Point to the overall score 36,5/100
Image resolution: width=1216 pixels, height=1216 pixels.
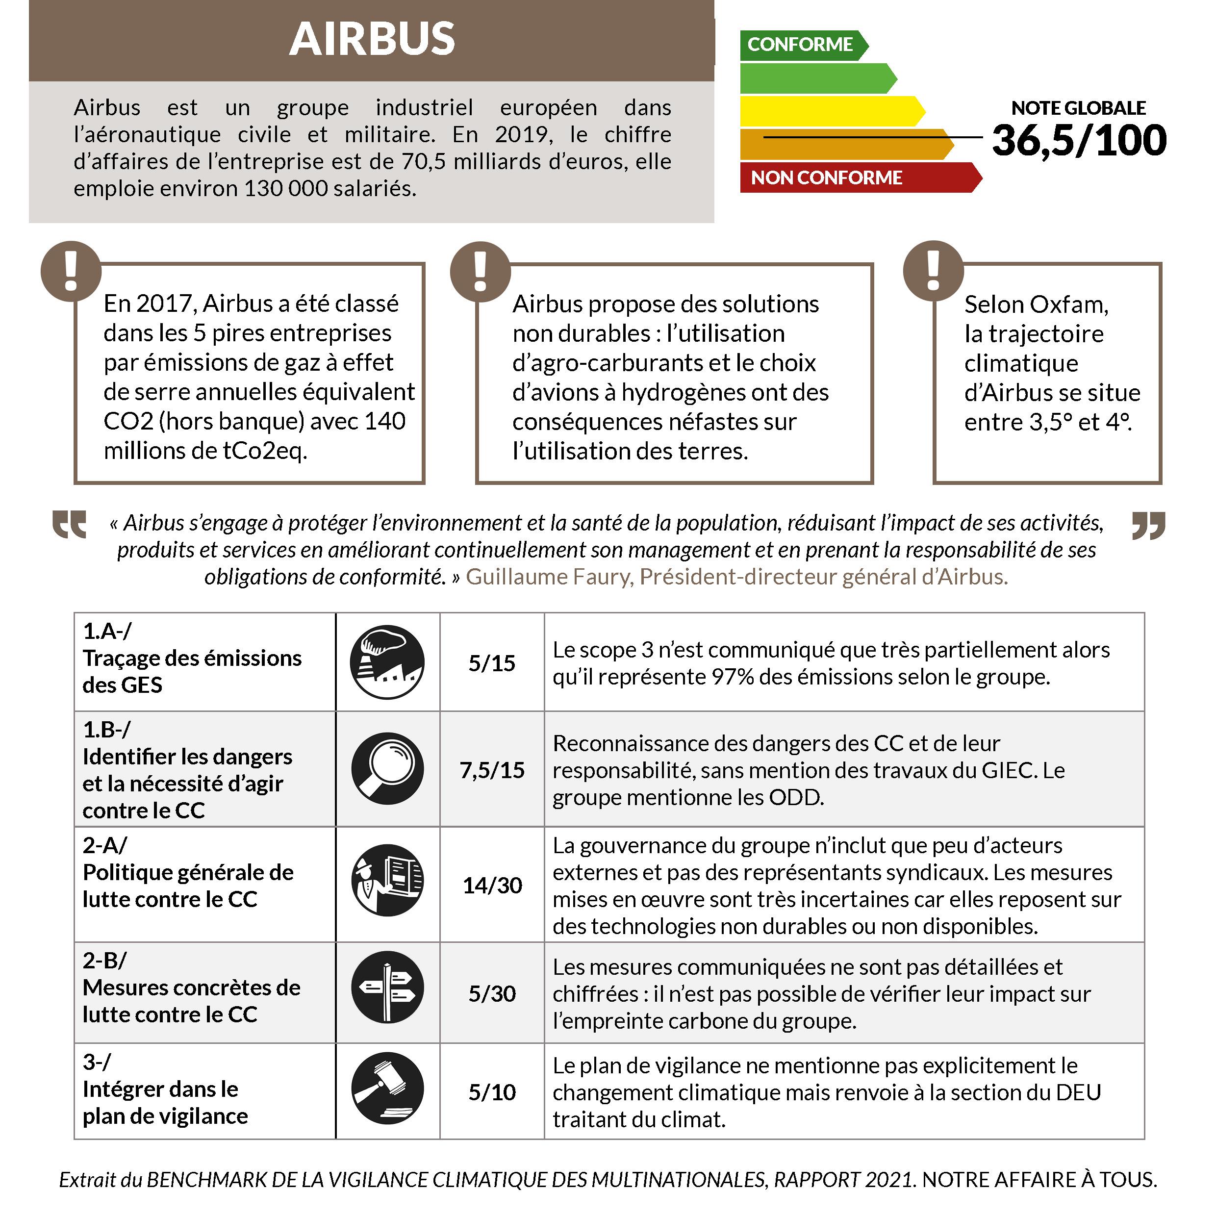pyautogui.click(x=1079, y=140)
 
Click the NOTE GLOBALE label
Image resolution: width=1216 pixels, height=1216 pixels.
pyautogui.click(x=1078, y=108)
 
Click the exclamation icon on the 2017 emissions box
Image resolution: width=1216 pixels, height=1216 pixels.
pyautogui.click(x=71, y=271)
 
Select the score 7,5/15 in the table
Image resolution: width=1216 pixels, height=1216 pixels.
pyautogui.click(x=492, y=770)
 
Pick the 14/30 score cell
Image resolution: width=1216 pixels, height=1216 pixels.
pyautogui.click(x=492, y=886)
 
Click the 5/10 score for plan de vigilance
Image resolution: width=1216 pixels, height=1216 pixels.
pyautogui.click(x=492, y=1092)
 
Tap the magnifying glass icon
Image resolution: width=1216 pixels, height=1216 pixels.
pyautogui.click(x=387, y=768)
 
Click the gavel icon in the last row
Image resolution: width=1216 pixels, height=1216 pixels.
pyautogui.click(x=387, y=1089)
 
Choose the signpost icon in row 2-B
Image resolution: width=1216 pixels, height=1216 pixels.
pyautogui.click(x=387, y=987)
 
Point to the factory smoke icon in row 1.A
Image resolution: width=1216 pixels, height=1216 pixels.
pyautogui.click(x=387, y=662)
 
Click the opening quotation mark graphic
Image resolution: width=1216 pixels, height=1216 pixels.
pyautogui.click(x=69, y=524)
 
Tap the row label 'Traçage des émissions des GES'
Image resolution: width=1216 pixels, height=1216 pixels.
pyautogui.click(x=192, y=671)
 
